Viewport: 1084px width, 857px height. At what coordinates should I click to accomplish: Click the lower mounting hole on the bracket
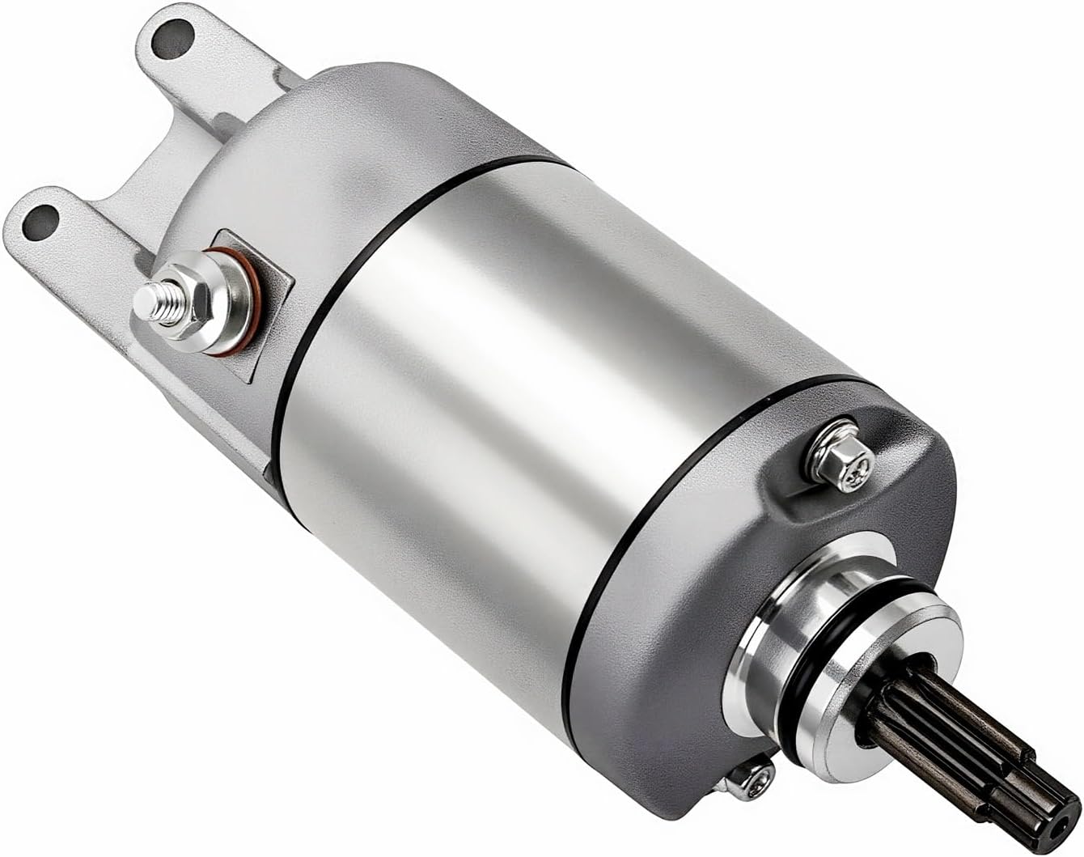coord(43,218)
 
